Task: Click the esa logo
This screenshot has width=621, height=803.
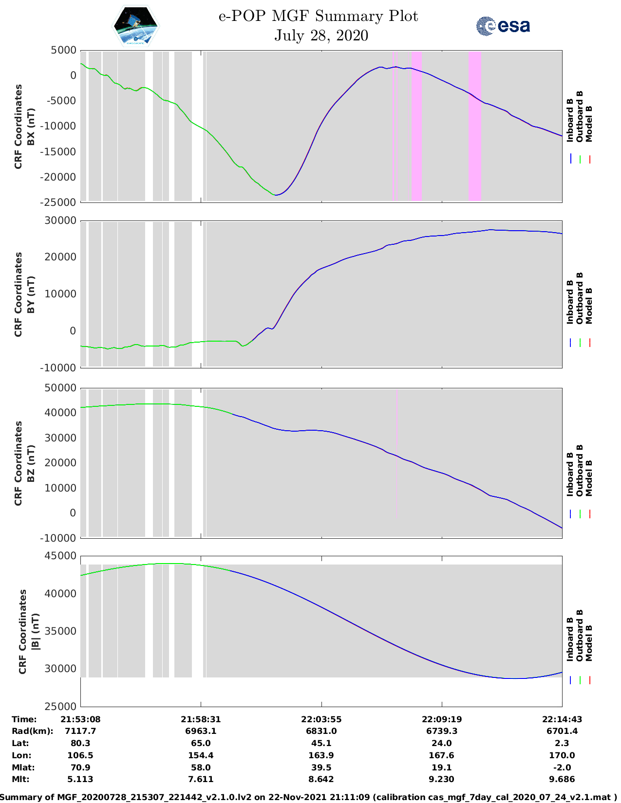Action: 503,26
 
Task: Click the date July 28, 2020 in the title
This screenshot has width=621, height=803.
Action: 321,36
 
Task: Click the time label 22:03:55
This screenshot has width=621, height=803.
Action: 321,719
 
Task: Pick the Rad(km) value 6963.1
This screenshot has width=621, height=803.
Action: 201,731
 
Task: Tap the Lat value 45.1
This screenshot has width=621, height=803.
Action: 321,743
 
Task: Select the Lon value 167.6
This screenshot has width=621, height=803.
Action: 441,755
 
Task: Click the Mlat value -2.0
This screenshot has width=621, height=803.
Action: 562,767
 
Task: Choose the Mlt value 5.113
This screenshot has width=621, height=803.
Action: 80,779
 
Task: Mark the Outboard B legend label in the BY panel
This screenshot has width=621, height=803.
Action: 580,298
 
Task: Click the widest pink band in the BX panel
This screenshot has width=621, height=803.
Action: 475,126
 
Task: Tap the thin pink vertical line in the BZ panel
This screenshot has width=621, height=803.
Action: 396,453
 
